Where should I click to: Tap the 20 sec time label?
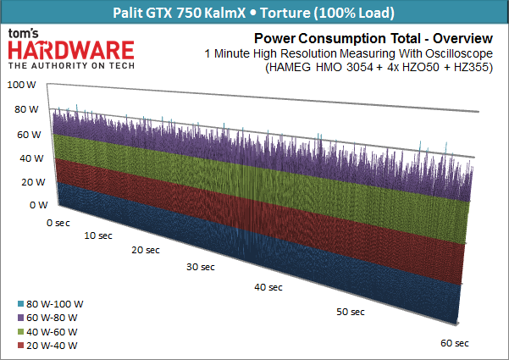pyautogui.click(x=145, y=251)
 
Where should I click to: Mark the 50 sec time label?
pyautogui.click(x=350, y=313)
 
